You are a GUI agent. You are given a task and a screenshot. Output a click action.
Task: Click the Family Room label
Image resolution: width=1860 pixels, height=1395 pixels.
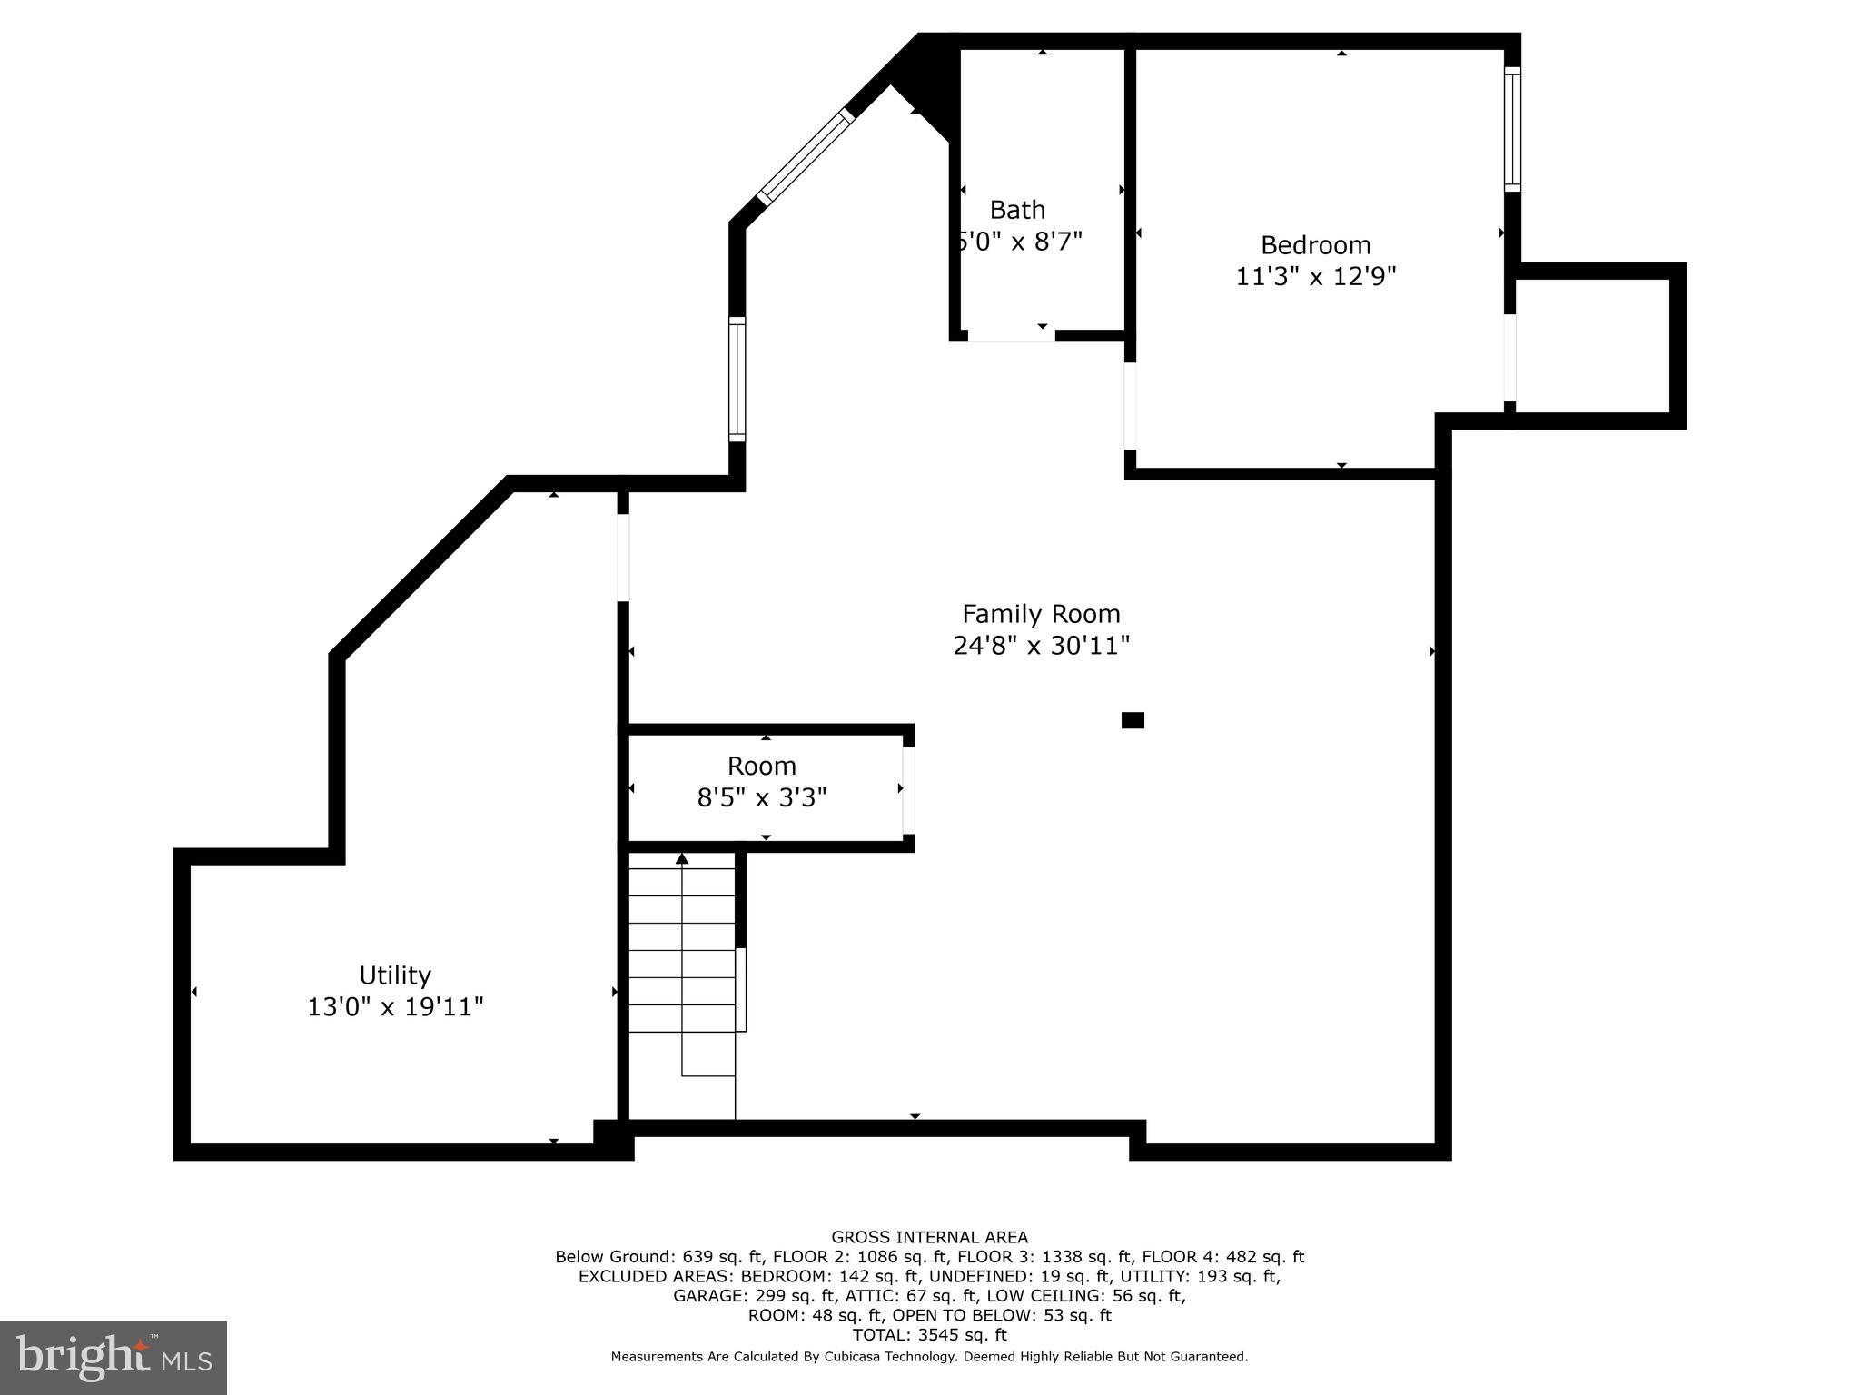click(x=1041, y=614)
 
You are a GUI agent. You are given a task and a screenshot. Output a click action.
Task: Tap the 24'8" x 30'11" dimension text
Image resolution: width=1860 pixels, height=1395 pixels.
click(x=1041, y=646)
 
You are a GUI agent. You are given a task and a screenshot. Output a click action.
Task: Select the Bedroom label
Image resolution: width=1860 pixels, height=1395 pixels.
click(x=1315, y=245)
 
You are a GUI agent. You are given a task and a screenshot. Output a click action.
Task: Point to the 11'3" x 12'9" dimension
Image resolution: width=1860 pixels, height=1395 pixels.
click(x=1315, y=276)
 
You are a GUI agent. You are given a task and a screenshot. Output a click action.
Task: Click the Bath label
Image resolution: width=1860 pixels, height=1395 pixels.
click(x=1017, y=210)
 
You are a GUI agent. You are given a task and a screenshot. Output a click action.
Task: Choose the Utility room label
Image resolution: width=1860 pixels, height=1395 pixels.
click(x=394, y=975)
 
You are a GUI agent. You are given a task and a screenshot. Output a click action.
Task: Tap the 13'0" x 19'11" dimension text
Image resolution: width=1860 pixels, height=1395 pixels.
click(x=394, y=1007)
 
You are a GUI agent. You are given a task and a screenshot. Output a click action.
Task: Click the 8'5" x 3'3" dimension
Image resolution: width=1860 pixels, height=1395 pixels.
click(x=761, y=798)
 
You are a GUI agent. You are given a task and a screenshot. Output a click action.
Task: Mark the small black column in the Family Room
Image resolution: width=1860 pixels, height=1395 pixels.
click(x=1133, y=720)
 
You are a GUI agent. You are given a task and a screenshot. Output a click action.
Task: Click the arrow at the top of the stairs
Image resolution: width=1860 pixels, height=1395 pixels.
click(x=682, y=858)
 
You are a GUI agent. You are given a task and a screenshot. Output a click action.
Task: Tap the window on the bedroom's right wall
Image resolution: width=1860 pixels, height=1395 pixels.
click(x=1511, y=129)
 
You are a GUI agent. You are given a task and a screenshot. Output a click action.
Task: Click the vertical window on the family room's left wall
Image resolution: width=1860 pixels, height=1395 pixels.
click(x=737, y=380)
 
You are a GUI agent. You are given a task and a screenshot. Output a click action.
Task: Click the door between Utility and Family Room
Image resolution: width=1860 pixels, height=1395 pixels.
click(x=623, y=558)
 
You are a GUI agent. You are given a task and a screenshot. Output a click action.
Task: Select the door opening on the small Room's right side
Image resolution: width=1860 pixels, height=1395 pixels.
click(x=908, y=789)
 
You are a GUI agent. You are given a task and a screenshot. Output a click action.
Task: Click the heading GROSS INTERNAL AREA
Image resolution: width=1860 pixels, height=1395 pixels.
click(x=929, y=1237)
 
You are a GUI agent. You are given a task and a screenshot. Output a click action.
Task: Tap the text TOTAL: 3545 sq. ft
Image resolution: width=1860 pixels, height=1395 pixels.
click(x=929, y=1335)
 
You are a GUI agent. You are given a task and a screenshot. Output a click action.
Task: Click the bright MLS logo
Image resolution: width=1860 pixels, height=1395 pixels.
click(x=114, y=1358)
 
